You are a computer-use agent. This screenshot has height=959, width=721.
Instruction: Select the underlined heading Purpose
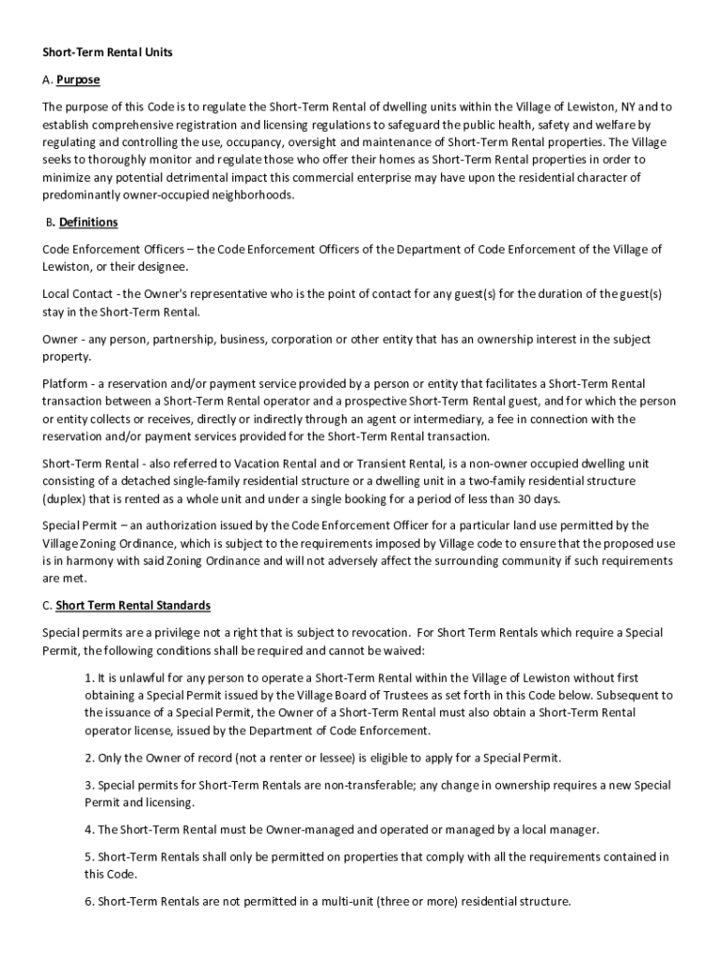pos(78,80)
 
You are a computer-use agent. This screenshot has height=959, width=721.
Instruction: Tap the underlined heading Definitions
pos(88,222)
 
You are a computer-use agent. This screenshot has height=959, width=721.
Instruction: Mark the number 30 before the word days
pos(529,499)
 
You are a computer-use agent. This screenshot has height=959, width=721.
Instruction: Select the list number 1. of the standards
pos(89,677)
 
